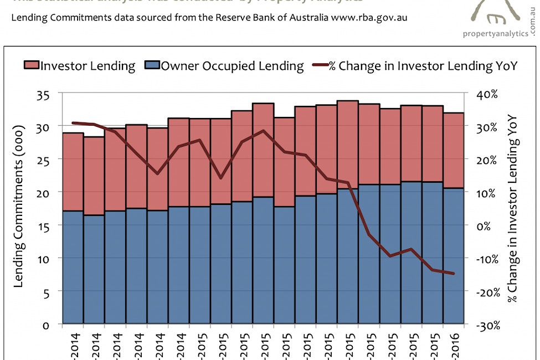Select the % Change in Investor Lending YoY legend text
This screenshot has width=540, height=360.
(423, 66)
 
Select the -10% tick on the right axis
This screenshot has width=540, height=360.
(486, 259)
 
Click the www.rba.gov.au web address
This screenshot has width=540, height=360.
(369, 17)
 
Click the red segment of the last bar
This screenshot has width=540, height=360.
(453, 150)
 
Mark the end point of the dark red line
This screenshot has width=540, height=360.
(454, 273)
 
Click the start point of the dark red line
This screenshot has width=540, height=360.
(73, 122)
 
